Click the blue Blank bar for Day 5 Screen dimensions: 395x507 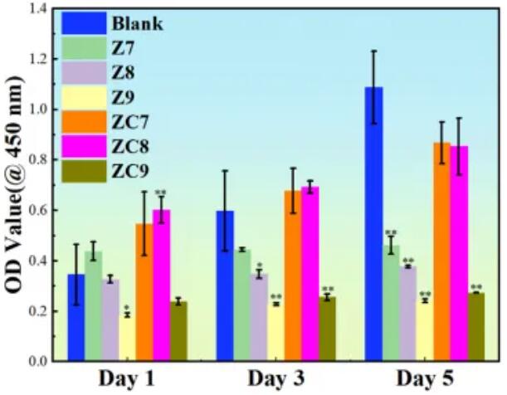click(x=373, y=224)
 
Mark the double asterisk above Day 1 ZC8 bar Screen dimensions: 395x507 click(x=161, y=194)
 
